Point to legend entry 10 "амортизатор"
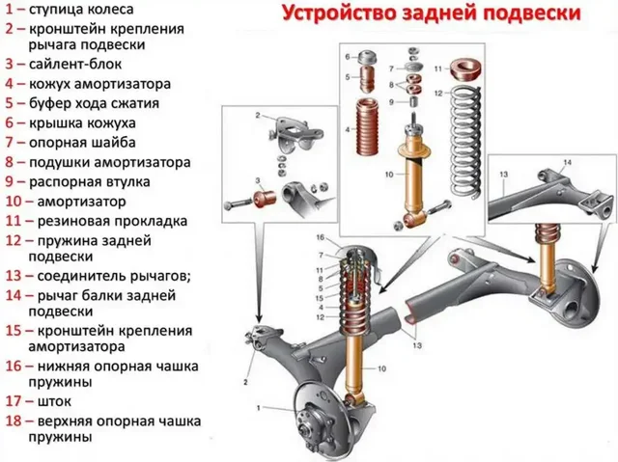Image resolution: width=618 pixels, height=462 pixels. click(81, 202)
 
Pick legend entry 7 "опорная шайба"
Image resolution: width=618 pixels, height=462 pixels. click(78, 143)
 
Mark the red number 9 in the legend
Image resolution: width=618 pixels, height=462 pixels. click(8, 182)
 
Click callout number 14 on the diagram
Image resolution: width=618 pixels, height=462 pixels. click(567, 162)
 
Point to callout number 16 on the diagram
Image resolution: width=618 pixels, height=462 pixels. click(320, 237)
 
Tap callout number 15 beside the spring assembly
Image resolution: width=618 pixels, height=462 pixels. click(320, 298)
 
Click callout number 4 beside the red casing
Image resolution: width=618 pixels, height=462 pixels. click(347, 129)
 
